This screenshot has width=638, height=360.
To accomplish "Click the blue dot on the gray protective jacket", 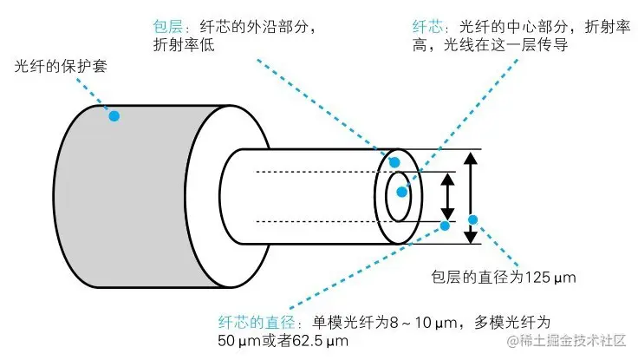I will tap(114, 115).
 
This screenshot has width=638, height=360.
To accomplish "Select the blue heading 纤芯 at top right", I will tap(426, 27).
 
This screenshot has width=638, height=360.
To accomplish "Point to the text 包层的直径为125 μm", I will tap(504, 278).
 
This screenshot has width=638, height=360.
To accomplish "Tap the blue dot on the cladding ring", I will tap(394, 162).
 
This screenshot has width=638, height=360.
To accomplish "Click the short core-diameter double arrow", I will tap(448, 196).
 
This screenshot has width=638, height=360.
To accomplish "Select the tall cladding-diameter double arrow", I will tap(470, 197).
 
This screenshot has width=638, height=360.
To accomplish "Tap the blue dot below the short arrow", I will tap(446, 226).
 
